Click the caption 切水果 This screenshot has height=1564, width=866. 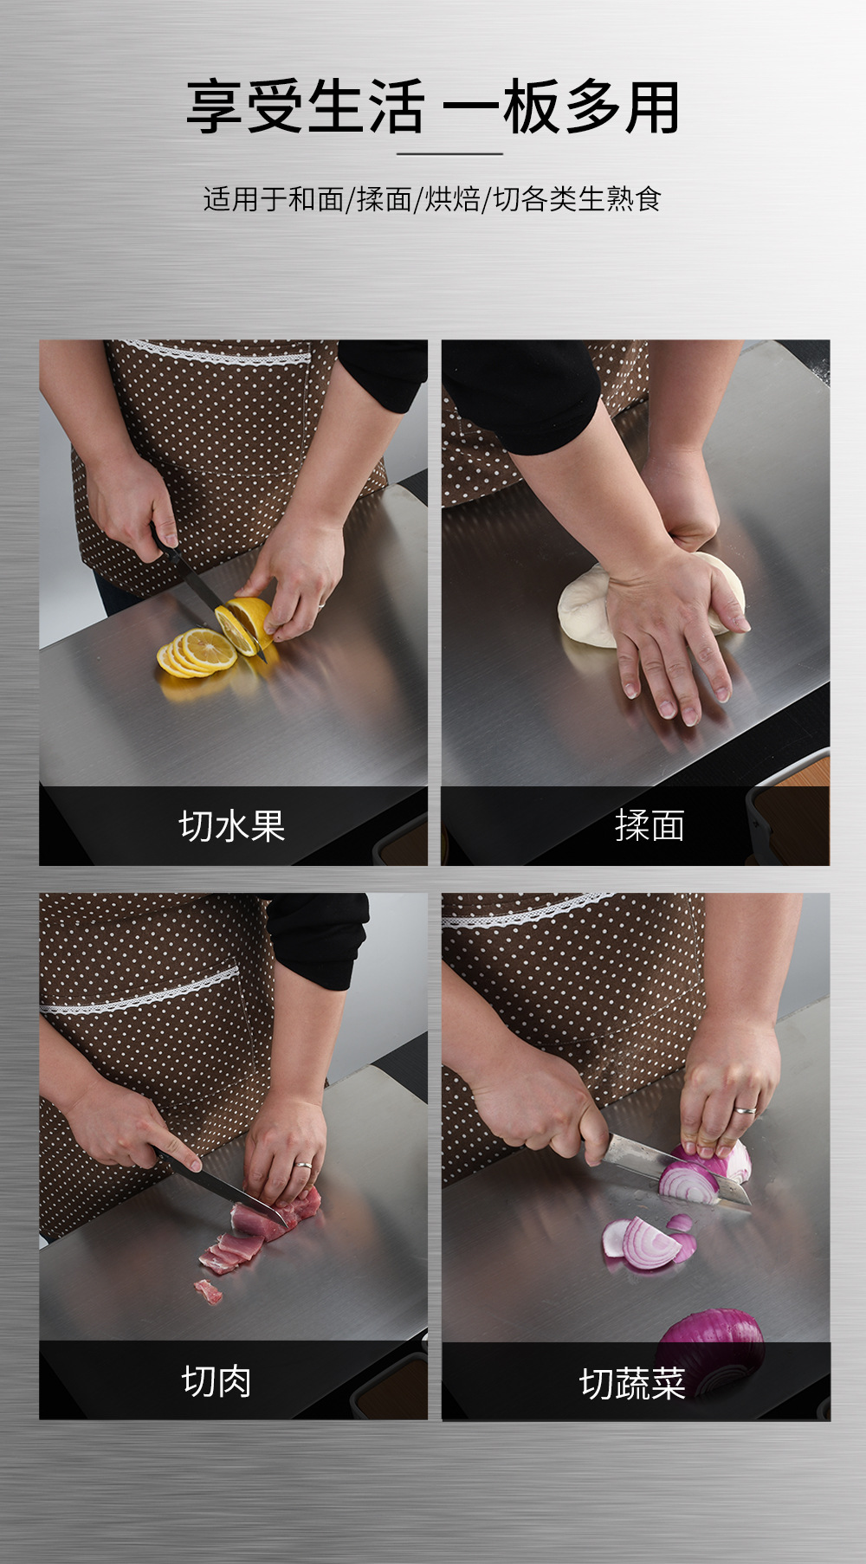232,826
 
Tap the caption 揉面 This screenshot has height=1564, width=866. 649,826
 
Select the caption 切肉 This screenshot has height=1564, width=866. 216,1380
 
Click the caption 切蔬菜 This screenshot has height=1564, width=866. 632,1383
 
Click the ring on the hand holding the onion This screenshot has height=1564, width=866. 745,1109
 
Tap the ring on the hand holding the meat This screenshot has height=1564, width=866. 302,1164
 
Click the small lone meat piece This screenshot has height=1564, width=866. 208,1292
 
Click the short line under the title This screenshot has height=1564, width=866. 449,154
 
